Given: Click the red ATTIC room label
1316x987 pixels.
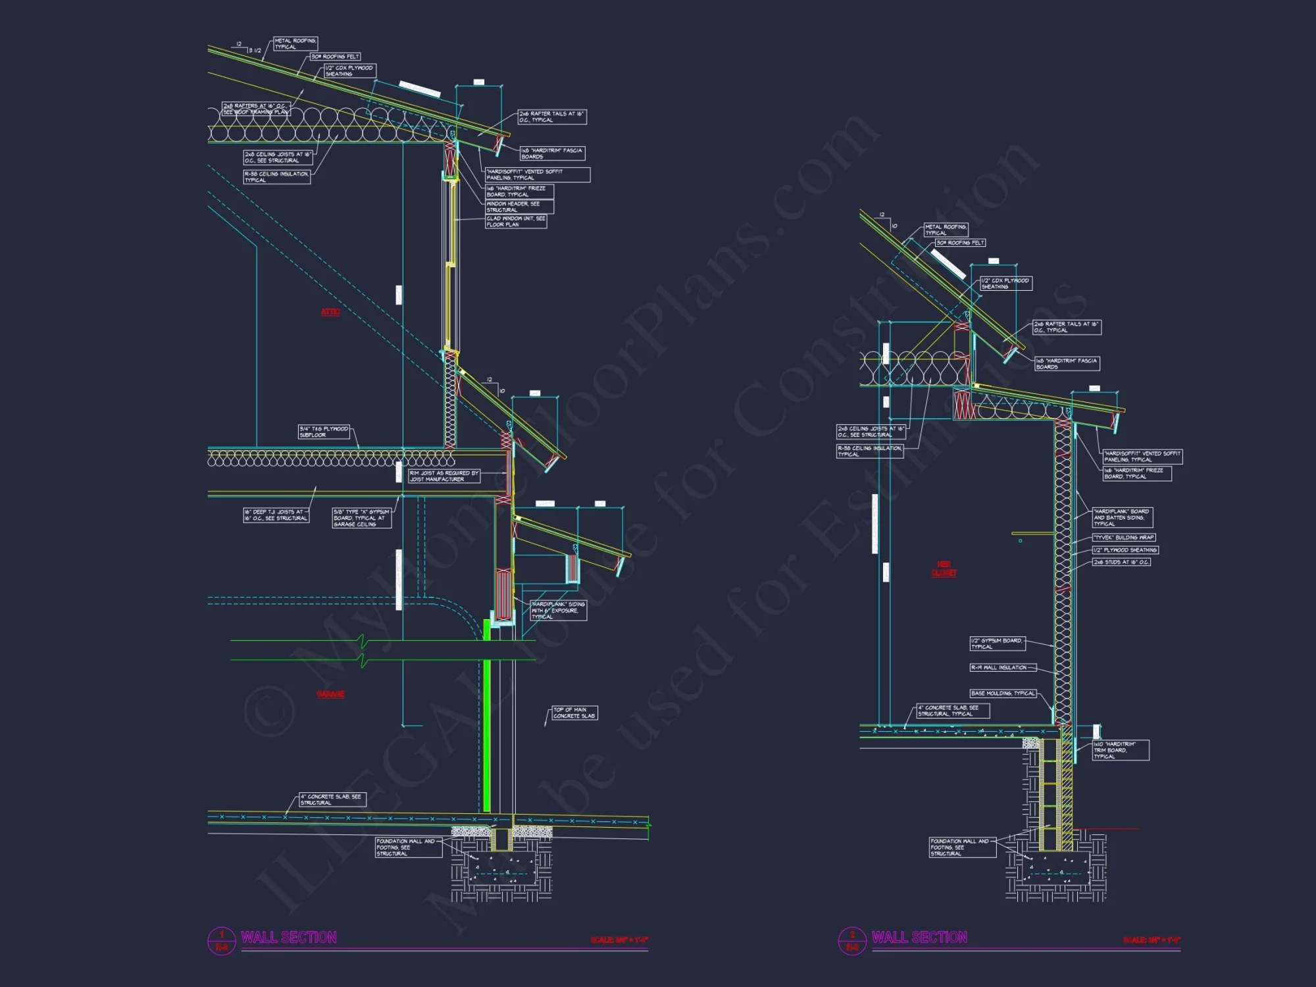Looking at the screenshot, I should pyautogui.click(x=330, y=312).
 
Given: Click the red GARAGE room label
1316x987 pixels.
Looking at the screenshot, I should pyautogui.click(x=330, y=694).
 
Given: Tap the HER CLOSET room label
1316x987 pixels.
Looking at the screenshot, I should pyautogui.click(x=944, y=569).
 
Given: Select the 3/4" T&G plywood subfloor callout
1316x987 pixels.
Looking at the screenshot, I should pyautogui.click(x=324, y=432).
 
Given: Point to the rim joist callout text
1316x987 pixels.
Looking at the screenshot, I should pyautogui.click(x=443, y=476).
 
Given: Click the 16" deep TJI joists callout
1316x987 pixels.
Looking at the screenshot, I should pyautogui.click(x=276, y=515).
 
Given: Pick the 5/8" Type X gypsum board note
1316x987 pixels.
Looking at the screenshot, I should pyautogui.click(x=362, y=518).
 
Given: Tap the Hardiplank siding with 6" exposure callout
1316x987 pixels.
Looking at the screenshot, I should pyautogui.click(x=559, y=610).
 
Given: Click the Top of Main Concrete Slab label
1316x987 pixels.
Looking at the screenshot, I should pyautogui.click(x=574, y=713).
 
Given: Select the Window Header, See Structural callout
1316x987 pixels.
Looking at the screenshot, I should pyautogui.click(x=519, y=207).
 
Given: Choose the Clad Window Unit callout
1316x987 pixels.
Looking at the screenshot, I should pyautogui.click(x=516, y=222).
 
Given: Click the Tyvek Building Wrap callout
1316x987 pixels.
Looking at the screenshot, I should pyautogui.click(x=1124, y=538).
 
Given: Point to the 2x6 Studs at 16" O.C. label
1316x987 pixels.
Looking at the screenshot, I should pyautogui.click(x=1122, y=562).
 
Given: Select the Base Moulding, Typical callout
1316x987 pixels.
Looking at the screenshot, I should pyautogui.click(x=1003, y=694).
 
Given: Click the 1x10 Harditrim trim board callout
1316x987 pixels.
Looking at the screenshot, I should pyautogui.click(x=1121, y=750).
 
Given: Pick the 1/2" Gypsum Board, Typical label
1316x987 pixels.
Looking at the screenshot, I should pyautogui.click(x=997, y=644).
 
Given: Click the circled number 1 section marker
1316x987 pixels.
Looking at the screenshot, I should pyautogui.click(x=222, y=941).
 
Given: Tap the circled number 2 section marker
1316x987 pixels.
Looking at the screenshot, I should pyautogui.click(x=852, y=941).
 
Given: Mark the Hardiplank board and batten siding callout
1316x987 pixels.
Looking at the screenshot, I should pyautogui.click(x=1122, y=517).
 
